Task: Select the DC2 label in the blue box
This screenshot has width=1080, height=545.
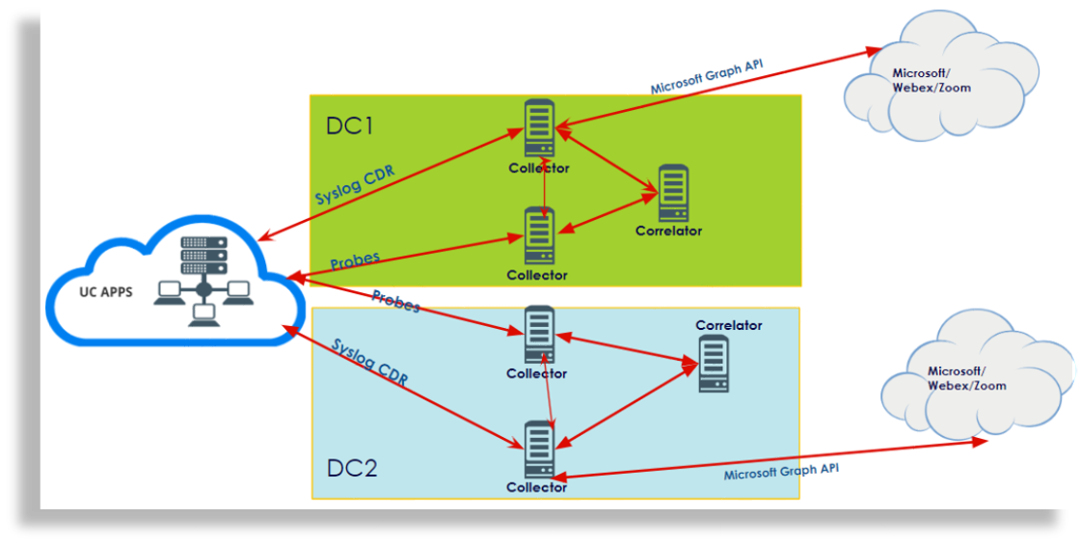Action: [x=352, y=469]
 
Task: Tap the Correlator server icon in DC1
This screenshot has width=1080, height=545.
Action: [x=672, y=193]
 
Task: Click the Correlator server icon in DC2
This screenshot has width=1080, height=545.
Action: [x=713, y=364]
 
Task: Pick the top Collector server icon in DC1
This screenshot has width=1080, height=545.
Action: [x=538, y=128]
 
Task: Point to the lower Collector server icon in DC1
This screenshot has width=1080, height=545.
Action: [x=538, y=235]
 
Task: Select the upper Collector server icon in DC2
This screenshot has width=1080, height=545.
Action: [x=539, y=335]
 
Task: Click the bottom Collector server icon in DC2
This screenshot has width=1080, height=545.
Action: [x=538, y=450]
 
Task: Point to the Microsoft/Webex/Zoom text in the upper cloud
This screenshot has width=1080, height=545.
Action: [x=931, y=80]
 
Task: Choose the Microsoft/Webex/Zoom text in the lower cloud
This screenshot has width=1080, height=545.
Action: [x=966, y=378]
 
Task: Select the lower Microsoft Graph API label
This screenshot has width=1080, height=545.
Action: [x=781, y=472]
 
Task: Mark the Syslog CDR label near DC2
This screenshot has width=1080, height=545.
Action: [x=369, y=362]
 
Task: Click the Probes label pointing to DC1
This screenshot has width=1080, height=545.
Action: [x=355, y=260]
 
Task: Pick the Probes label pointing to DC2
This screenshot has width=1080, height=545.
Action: [x=396, y=300]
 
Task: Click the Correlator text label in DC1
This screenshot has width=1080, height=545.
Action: [x=668, y=231]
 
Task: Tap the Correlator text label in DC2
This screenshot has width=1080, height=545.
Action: [x=728, y=325]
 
